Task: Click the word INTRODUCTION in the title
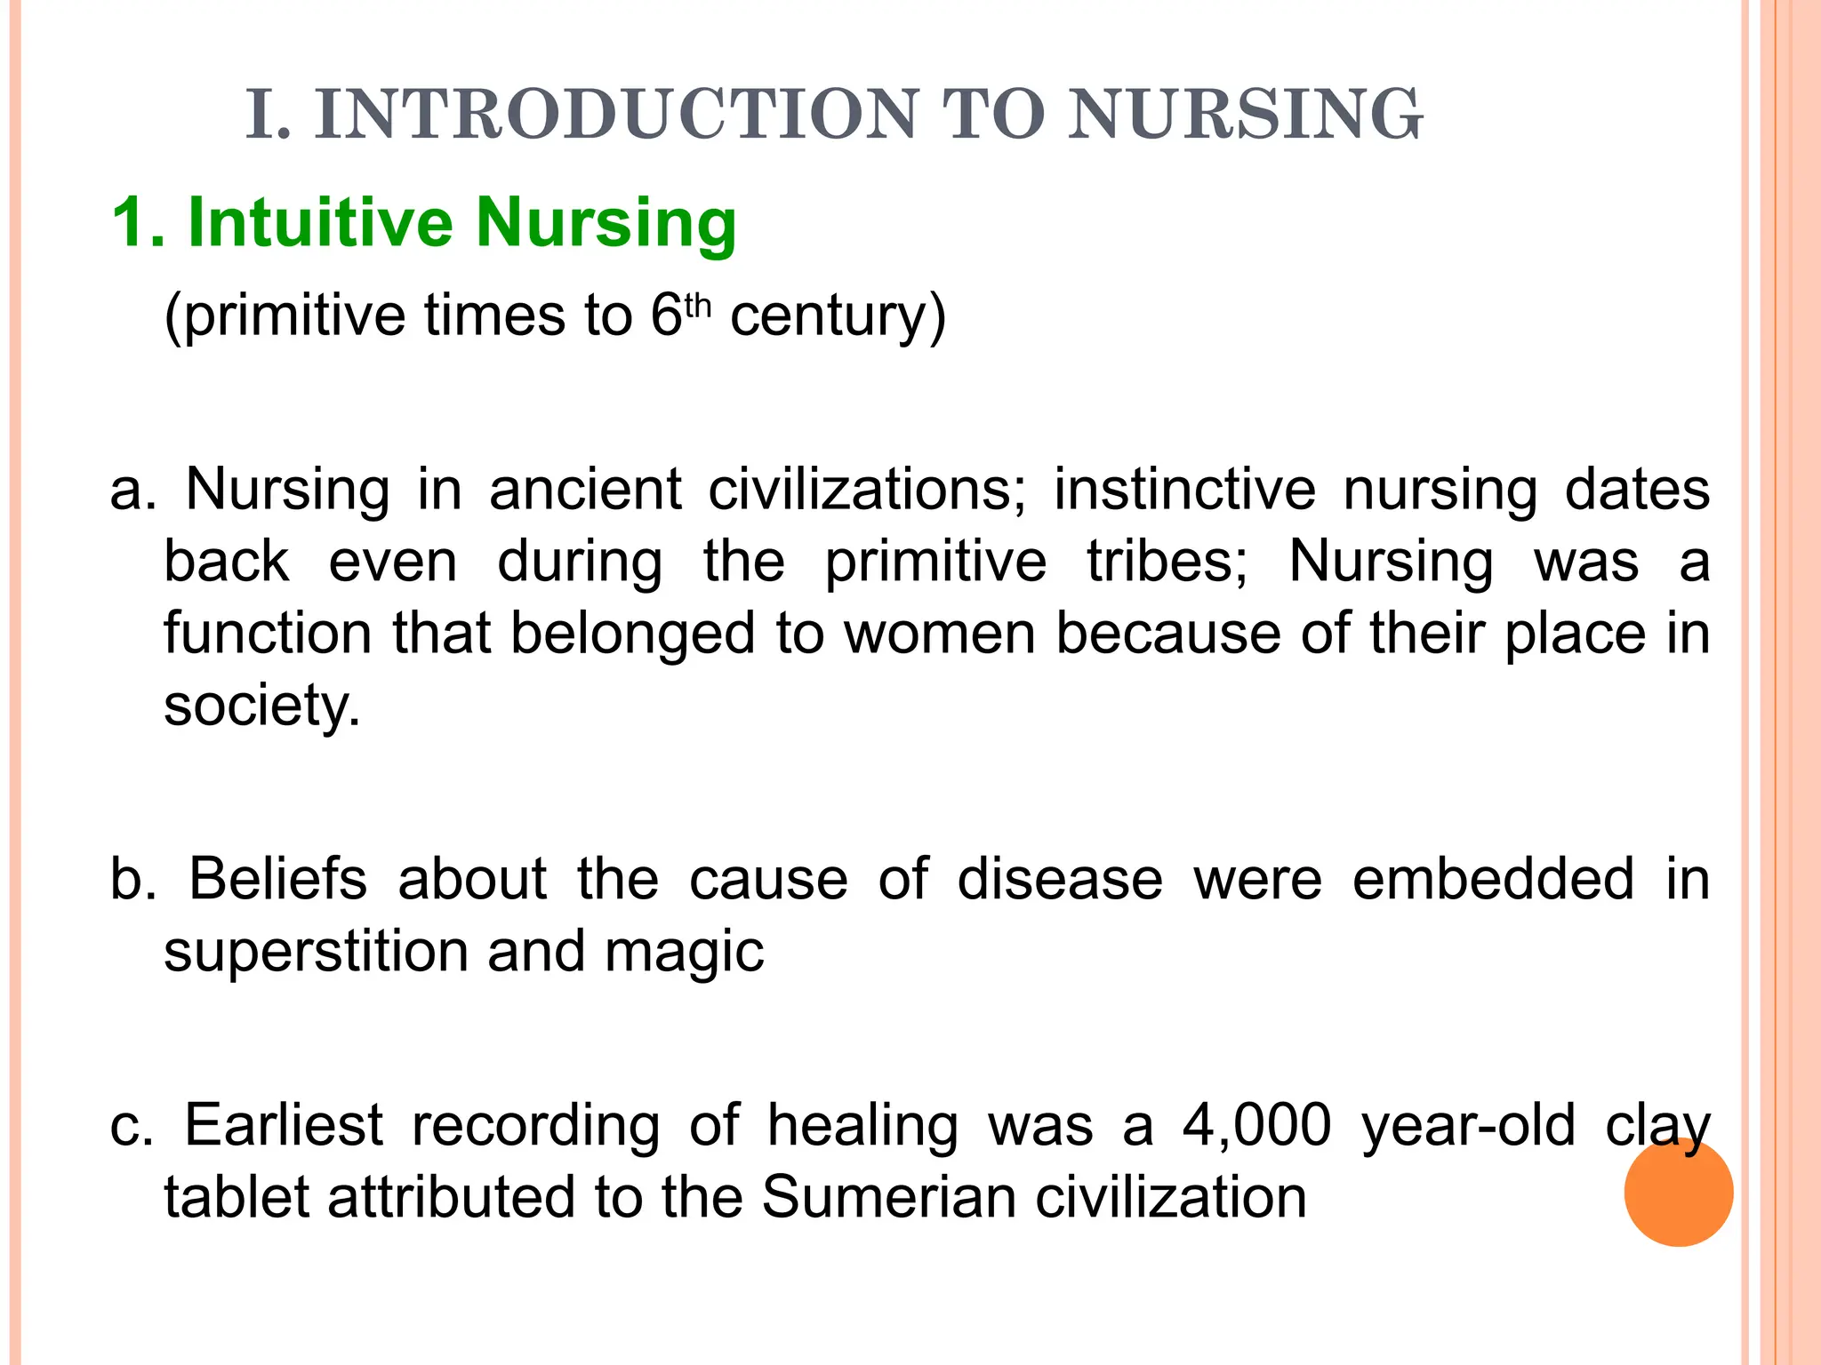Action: pos(615,115)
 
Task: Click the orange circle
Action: pos(1678,1192)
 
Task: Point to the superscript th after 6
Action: pos(699,305)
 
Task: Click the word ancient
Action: pos(585,490)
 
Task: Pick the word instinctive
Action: pos(1184,490)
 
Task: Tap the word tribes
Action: pos(1167,562)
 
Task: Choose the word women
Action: pos(939,634)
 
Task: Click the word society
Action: pos(261,706)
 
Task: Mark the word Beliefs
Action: pos(277,879)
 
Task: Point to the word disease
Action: pos(1060,879)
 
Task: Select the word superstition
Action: pos(316,952)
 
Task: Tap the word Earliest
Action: pos(283,1125)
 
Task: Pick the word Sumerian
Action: pos(888,1197)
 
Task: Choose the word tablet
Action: pos(237,1197)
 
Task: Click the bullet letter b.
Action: pos(131,879)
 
